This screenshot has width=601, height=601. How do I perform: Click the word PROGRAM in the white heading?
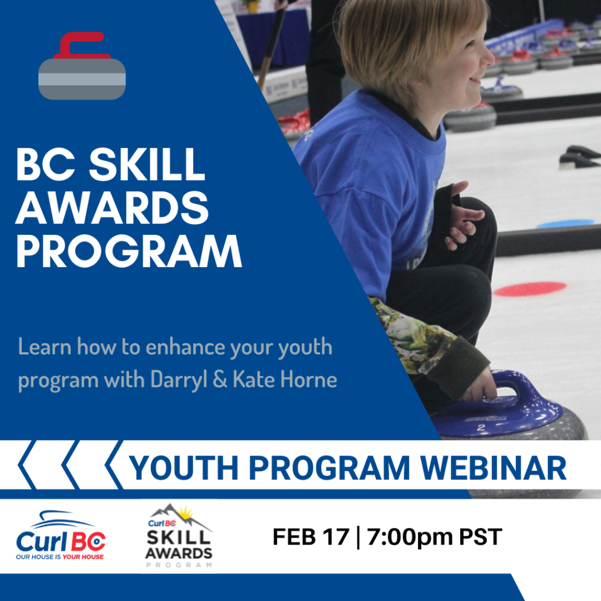pos(129,251)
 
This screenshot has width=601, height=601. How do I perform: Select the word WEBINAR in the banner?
pos(494,468)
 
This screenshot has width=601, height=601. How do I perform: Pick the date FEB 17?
pos(311,536)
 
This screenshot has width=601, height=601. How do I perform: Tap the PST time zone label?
pos(481,536)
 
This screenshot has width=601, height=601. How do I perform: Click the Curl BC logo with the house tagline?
pos(60,535)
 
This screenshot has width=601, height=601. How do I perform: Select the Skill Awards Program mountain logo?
pos(179,536)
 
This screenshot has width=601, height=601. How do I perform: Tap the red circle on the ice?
pos(530,289)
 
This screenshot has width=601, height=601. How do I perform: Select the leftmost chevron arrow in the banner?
pos(27,465)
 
